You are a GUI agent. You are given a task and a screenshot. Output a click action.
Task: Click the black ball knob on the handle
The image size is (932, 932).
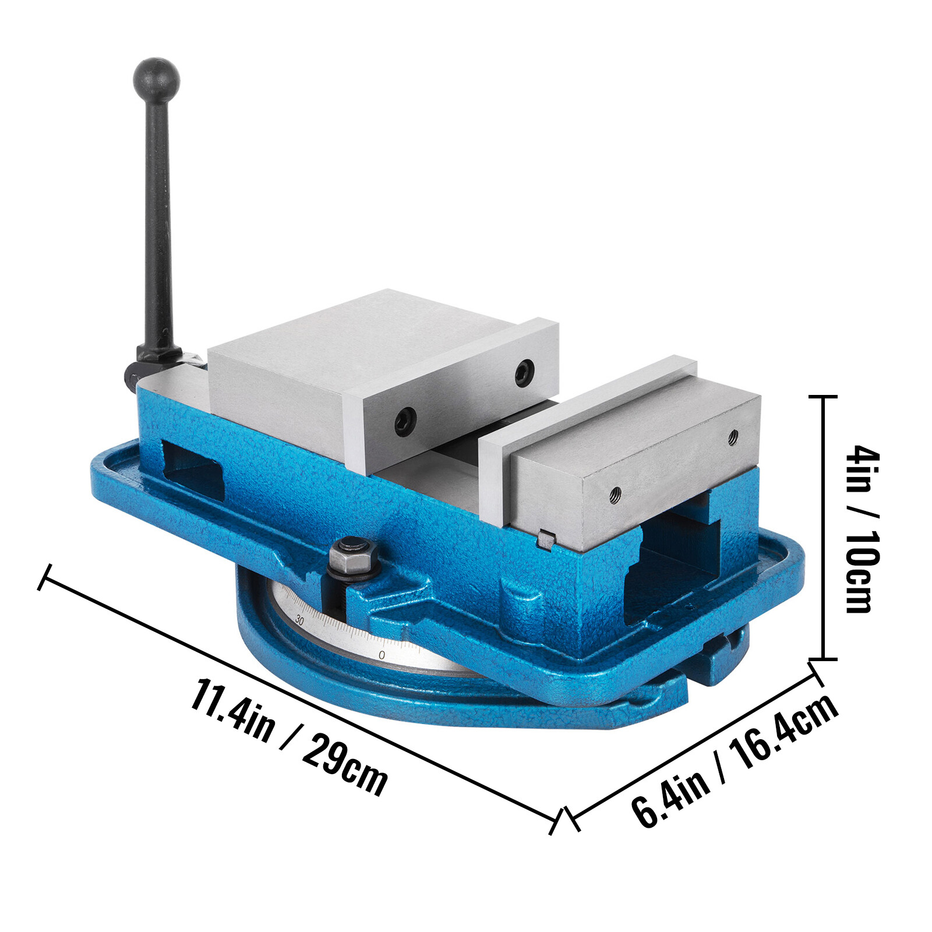[156, 80]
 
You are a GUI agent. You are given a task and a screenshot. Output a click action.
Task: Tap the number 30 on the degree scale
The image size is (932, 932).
[299, 619]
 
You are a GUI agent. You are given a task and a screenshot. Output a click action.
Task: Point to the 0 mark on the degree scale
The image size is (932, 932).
[382, 655]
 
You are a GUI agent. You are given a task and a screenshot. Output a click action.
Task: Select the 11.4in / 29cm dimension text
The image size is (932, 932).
[288, 737]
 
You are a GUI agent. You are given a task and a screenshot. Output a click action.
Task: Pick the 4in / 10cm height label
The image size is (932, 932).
[862, 528]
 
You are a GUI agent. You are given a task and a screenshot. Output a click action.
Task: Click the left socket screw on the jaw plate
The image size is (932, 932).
[405, 421]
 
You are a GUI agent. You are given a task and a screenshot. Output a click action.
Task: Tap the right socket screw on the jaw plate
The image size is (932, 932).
[525, 372]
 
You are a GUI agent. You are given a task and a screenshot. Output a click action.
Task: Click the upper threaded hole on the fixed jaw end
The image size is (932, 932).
[733, 435]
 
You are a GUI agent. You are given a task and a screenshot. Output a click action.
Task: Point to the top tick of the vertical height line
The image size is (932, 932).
[823, 397]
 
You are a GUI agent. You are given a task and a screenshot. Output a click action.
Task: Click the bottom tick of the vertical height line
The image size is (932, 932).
[823, 659]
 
